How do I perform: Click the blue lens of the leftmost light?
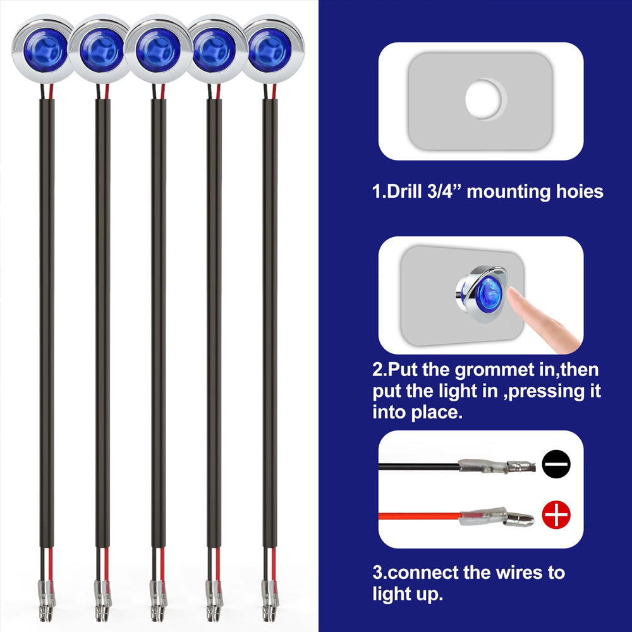[45, 51]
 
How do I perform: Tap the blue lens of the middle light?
[157, 51]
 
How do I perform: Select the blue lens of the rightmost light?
[269, 51]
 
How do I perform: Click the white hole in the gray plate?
[483, 99]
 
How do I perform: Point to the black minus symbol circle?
[556, 464]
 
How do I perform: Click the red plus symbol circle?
[556, 514]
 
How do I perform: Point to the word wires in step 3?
[519, 573]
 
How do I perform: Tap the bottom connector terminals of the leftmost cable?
[46, 600]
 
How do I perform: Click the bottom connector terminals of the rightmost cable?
[270, 600]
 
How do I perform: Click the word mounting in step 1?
[508, 192]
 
